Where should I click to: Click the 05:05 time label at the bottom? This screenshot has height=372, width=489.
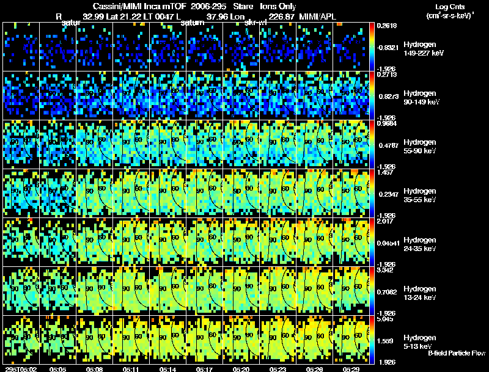59,369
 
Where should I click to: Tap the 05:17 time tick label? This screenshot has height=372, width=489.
205,369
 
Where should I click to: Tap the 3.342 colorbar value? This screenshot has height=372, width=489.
385,270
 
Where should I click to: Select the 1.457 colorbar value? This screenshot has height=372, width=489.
385,173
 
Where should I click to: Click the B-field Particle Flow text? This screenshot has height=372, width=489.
456,353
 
